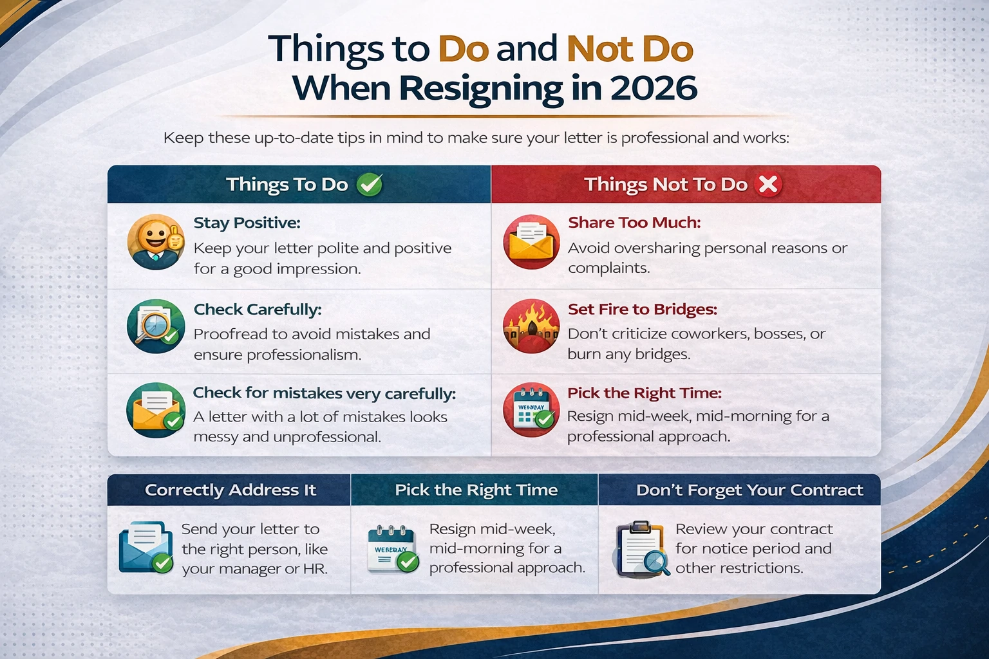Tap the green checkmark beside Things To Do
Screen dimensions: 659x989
[x=370, y=185]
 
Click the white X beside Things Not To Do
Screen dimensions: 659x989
[x=768, y=185]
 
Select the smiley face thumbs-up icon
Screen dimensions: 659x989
[x=156, y=242]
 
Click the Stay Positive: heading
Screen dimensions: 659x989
[x=247, y=223]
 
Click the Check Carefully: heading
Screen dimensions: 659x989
[x=258, y=310]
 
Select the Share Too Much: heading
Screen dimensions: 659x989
[x=634, y=223]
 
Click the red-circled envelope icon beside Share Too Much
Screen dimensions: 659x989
[x=531, y=242]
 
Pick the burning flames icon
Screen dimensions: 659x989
[x=531, y=326]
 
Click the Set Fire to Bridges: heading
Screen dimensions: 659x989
[x=643, y=310]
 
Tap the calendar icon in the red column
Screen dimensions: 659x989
[x=531, y=411]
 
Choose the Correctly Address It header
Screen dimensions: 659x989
[x=231, y=490]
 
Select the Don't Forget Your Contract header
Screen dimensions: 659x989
[x=749, y=490]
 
